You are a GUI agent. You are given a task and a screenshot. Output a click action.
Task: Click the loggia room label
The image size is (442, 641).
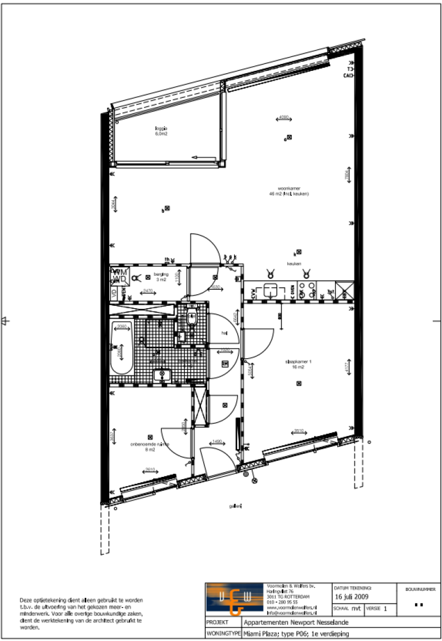pos(161,131)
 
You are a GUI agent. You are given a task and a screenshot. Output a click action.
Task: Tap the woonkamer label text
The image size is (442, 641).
pos(289,191)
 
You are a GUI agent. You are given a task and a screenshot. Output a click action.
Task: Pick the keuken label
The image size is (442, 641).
pos(295,264)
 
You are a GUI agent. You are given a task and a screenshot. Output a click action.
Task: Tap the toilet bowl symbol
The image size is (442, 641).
pos(192,318)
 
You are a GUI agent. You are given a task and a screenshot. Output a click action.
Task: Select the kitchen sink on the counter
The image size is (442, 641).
pos(270,291)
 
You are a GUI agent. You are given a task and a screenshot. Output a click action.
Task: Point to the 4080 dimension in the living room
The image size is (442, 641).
pos(283,117)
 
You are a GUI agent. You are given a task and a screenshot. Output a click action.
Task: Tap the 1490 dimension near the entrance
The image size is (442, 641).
pos(217,441)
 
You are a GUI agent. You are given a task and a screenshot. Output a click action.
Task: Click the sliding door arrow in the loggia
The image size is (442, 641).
pos(203,157)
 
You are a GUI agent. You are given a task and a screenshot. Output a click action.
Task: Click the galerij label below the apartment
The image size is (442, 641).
pos(234,506)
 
